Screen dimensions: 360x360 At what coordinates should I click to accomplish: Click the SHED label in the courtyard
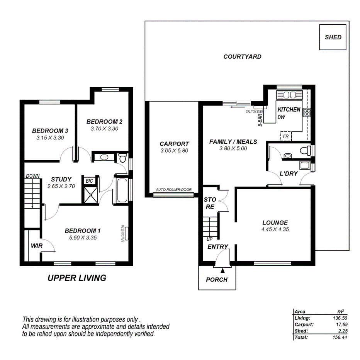pos(333,37)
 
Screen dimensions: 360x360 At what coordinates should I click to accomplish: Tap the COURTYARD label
pos(243,57)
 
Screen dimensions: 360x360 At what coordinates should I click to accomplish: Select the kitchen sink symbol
pos(290,95)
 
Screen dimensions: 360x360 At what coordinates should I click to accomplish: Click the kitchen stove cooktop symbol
pos(307,112)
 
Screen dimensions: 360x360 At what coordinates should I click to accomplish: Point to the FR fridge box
pos(286,136)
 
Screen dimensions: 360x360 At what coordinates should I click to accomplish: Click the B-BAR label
pos(260,120)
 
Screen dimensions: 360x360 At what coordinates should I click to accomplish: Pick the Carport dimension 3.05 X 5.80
pos(174,151)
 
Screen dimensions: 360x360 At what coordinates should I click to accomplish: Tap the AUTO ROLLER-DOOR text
pos(173,190)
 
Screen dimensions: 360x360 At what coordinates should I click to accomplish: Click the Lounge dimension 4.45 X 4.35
pos(275,229)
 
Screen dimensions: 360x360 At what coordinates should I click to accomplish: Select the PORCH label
pos(217,280)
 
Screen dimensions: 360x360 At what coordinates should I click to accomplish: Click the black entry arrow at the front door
pos(222,271)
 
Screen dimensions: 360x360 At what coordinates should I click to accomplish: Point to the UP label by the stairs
pos(209,239)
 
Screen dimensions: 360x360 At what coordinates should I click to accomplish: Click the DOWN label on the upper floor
pos(32,176)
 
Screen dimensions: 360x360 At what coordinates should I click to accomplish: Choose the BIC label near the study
pos(89,181)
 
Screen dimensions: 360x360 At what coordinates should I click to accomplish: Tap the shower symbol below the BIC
pos(91,195)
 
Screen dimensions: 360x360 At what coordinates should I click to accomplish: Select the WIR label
pos(37,246)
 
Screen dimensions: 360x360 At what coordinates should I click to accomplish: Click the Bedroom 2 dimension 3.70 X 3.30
pos(104,129)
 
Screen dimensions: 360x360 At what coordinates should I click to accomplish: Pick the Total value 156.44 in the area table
pos(340,338)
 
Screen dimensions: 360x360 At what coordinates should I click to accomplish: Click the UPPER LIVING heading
pos(77,278)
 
